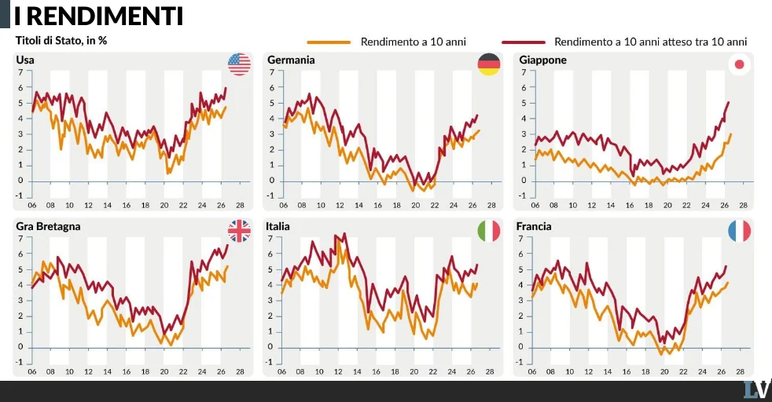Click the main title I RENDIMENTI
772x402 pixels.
98,16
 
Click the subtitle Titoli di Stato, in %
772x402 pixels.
61,41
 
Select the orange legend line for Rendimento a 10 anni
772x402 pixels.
329,42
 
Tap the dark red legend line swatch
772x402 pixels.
524,42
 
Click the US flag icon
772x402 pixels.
239,64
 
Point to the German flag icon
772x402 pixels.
489,64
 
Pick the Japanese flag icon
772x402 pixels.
739,64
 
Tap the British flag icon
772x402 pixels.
239,231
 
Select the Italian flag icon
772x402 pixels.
489,231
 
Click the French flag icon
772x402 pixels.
739,231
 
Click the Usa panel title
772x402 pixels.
25,60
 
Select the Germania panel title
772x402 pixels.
291,60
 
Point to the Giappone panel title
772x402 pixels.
542,60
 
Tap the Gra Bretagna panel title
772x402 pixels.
48,227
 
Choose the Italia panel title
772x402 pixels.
278,227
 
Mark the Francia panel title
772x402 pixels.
534,227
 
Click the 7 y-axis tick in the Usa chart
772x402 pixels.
20,72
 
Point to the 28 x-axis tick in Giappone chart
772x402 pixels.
743,206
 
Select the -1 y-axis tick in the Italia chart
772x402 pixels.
269,363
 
